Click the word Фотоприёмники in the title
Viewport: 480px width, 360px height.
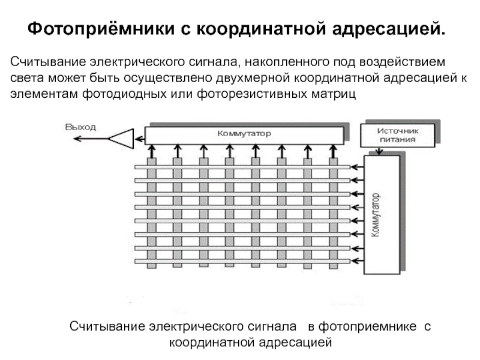(101, 29)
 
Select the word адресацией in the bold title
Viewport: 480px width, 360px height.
(388, 29)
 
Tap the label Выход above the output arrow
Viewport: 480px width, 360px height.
(80, 127)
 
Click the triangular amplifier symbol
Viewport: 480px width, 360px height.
(121, 139)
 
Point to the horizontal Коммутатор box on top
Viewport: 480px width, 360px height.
(244, 136)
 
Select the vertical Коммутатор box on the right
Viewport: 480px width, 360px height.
(382, 215)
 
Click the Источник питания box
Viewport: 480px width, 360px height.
(398, 136)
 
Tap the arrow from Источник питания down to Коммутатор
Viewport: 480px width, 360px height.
(380, 151)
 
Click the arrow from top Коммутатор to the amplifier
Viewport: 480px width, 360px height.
(140, 139)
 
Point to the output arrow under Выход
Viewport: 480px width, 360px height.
(91, 139)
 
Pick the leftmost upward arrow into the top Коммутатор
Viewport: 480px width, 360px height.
(151, 151)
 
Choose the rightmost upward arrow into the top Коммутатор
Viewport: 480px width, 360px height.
(334, 151)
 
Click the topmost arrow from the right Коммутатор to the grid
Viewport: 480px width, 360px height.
(357, 167)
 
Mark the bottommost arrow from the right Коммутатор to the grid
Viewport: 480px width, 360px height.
(357, 261)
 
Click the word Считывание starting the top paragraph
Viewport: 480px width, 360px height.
(48, 62)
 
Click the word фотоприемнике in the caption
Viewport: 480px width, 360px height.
(367, 326)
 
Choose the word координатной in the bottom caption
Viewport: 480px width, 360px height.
(212, 343)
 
